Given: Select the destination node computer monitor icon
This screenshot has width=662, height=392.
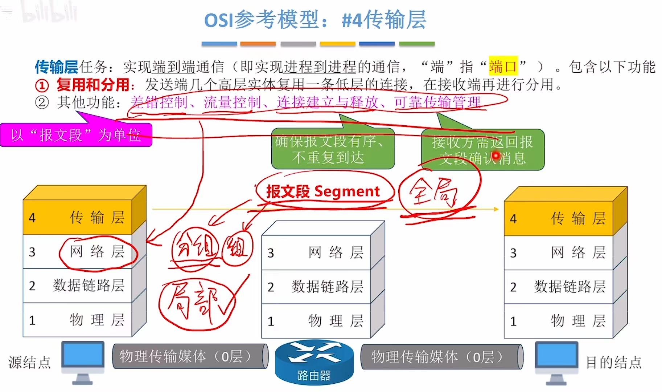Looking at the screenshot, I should pos(556,359).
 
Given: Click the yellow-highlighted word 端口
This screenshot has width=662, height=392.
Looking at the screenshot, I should pos(503,66).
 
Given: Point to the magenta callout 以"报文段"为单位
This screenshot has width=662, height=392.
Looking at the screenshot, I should pos(76,135).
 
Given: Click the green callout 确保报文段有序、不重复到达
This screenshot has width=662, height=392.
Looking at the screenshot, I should pos(333,149).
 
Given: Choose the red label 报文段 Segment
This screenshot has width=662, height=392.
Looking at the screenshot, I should pos(323,191).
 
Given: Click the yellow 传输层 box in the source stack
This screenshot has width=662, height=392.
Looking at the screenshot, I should pos(78,217).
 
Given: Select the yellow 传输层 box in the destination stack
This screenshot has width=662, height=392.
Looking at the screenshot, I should pos(559,219).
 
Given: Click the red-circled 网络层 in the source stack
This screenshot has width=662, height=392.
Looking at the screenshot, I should pos(97,252).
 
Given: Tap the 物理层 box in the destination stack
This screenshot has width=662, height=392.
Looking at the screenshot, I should pos(559,321).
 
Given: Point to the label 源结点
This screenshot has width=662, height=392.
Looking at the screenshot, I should pos(30,362).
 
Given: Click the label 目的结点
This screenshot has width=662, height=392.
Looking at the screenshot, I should pos(614,362).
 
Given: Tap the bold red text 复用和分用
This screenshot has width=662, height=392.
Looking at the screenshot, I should pos(93,85).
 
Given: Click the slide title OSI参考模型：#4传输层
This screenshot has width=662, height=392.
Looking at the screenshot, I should pos(315,20).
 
